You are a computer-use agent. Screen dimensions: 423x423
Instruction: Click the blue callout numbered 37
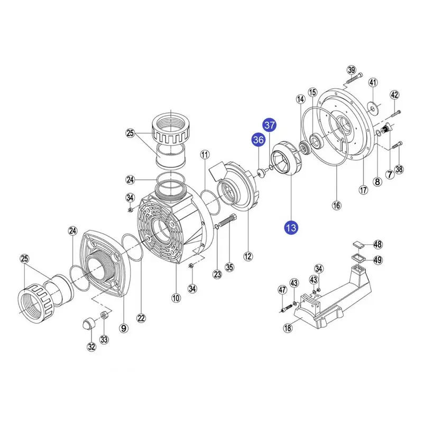pos(270,125)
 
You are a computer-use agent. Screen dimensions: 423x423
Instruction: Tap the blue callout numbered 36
pos(259,140)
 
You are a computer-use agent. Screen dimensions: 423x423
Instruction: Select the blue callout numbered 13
pos(291,228)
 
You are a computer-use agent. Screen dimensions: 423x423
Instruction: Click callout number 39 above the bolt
pos(352,70)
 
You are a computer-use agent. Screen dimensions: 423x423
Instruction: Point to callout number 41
pos(373,82)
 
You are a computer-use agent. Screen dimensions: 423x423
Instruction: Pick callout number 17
pos(363,190)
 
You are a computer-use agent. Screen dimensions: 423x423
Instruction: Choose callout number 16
pos(336,205)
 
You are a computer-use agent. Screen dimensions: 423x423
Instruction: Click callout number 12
pos(248,256)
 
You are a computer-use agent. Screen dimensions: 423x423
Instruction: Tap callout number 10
pos(176,298)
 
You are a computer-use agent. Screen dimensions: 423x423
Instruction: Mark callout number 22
pos(141,318)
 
